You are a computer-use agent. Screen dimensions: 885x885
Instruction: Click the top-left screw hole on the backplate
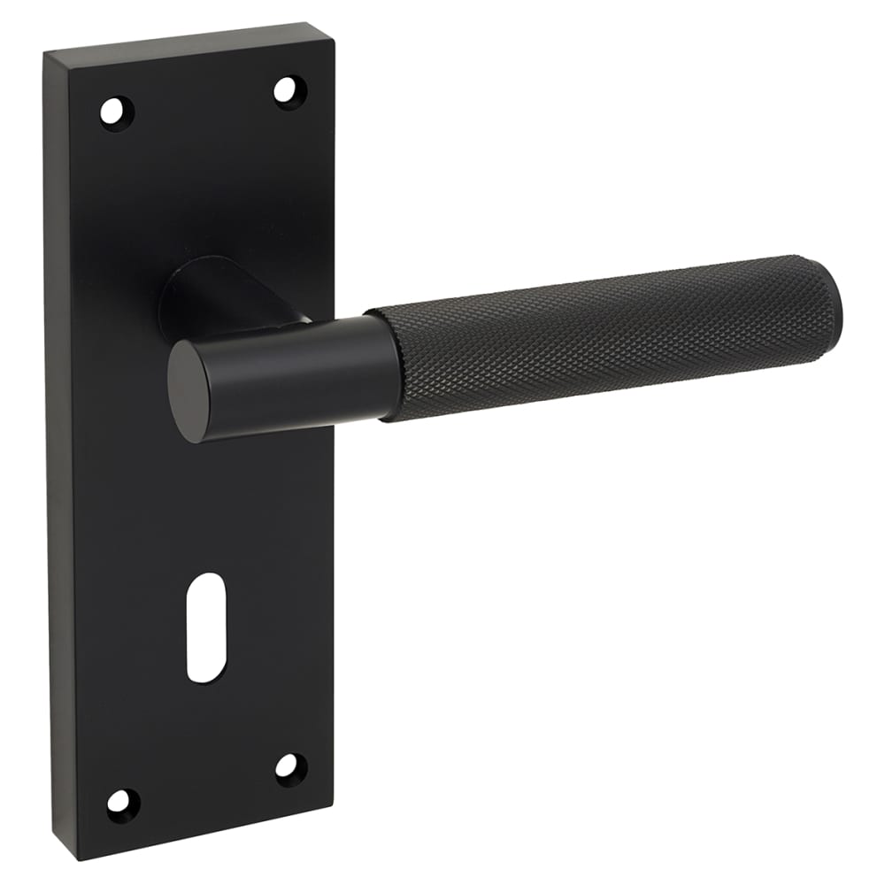coord(114,112)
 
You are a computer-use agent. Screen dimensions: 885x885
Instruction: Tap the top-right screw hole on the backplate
coord(287,90)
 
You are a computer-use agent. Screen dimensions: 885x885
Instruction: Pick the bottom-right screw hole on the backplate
coord(289,767)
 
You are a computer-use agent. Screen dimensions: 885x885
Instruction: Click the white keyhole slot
coord(206,627)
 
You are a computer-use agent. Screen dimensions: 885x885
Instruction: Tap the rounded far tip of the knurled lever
coord(832,296)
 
